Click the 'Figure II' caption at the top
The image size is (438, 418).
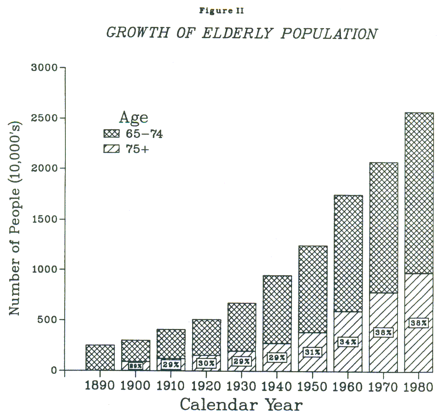(221, 11)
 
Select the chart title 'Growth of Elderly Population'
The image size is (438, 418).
(241, 33)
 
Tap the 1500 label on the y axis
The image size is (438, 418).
(44, 219)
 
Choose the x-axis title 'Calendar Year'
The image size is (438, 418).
(241, 404)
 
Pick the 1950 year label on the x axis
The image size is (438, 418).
(312, 386)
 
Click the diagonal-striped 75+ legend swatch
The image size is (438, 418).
(110, 149)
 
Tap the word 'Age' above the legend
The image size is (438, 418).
(133, 118)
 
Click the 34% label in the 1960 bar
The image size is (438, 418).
(348, 342)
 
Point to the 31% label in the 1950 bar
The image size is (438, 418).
(312, 352)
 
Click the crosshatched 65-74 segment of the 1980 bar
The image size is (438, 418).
(419, 193)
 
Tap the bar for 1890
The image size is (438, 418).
(100, 357)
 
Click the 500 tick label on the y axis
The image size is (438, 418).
(47, 320)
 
